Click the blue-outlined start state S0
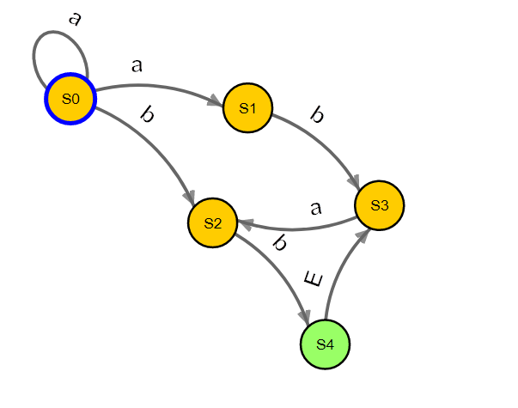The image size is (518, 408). tap(70, 99)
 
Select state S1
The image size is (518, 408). tap(247, 108)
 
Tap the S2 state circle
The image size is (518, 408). tap(213, 223)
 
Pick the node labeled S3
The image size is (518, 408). tap(380, 205)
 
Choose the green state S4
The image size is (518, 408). tap(325, 344)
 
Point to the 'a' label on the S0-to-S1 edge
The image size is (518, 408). tap(136, 65)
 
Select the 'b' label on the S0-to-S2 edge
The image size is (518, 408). tap(146, 115)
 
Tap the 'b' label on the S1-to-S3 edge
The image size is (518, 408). tap(317, 115)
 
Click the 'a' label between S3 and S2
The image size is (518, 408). tap(315, 208)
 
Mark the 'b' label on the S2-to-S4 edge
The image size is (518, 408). tap(278, 243)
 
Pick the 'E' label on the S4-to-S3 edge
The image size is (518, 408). tap(314, 279)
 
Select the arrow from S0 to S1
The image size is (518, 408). tap(155, 86)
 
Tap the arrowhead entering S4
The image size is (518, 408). tap(305, 318)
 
